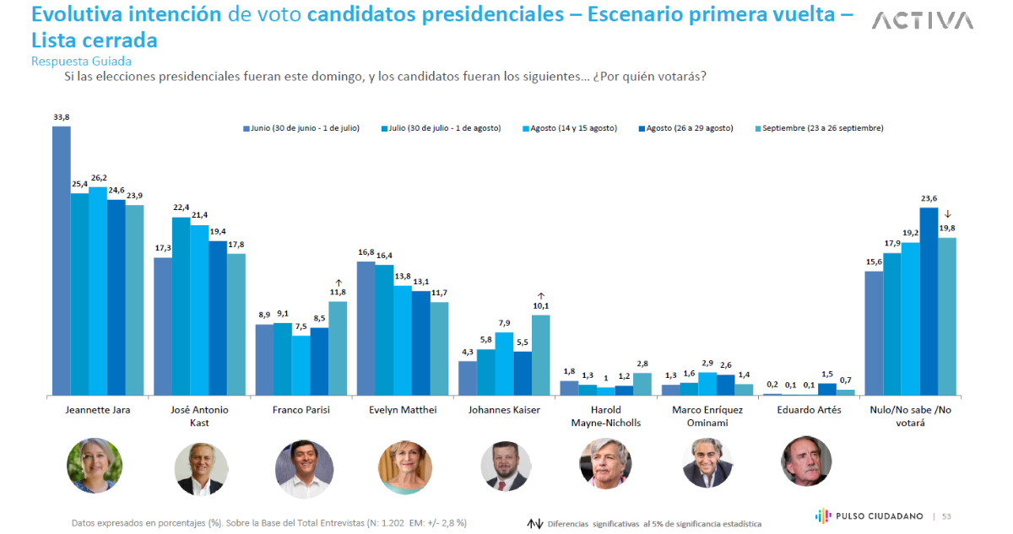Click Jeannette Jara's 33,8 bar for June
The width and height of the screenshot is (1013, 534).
[62, 261]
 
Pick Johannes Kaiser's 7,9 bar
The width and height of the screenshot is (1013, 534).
[504, 364]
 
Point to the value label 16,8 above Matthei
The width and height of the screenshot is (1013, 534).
[366, 252]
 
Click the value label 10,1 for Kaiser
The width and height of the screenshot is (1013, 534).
[540, 305]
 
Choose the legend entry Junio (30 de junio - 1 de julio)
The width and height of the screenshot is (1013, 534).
[302, 128]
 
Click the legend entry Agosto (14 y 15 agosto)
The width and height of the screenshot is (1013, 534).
[573, 128]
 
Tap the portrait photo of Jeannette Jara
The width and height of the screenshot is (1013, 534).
[95, 465]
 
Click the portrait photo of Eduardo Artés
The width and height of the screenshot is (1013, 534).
[807, 461]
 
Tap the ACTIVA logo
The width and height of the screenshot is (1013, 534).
[922, 21]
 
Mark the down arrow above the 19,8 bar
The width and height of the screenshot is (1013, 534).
[948, 214]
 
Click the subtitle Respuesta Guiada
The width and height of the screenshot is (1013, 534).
[81, 61]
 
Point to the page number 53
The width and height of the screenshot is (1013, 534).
[947, 516]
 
